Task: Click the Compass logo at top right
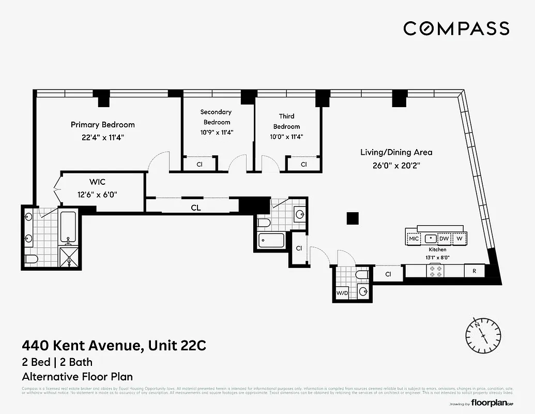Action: (456, 28)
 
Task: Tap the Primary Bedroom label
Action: (102, 125)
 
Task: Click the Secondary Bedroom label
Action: (216, 117)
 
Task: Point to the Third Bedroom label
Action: (286, 121)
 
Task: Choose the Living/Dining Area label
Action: (396, 152)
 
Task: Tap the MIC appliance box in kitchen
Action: (414, 239)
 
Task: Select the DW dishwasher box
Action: (444, 239)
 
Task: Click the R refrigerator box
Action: (474, 271)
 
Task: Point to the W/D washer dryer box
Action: (343, 292)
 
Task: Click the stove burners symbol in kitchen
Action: (436, 271)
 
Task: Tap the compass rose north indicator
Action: (482, 331)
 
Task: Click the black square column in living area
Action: (353, 218)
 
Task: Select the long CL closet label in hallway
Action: (195, 208)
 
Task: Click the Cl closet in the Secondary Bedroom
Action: (200, 164)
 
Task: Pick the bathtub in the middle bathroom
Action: (271, 241)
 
